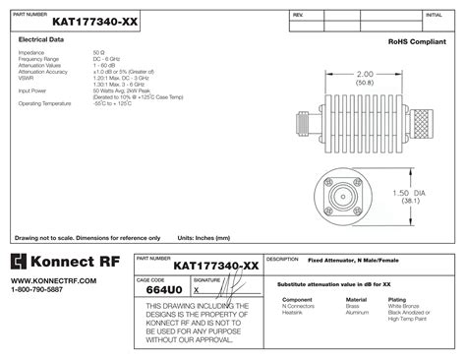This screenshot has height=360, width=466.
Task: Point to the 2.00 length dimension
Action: click(365, 74)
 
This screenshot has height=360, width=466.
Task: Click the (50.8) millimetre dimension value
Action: click(365, 84)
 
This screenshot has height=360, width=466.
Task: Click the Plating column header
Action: click(397, 299)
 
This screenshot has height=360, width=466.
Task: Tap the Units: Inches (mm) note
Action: click(204, 237)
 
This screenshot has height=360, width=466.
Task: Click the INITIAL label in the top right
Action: click(433, 16)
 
